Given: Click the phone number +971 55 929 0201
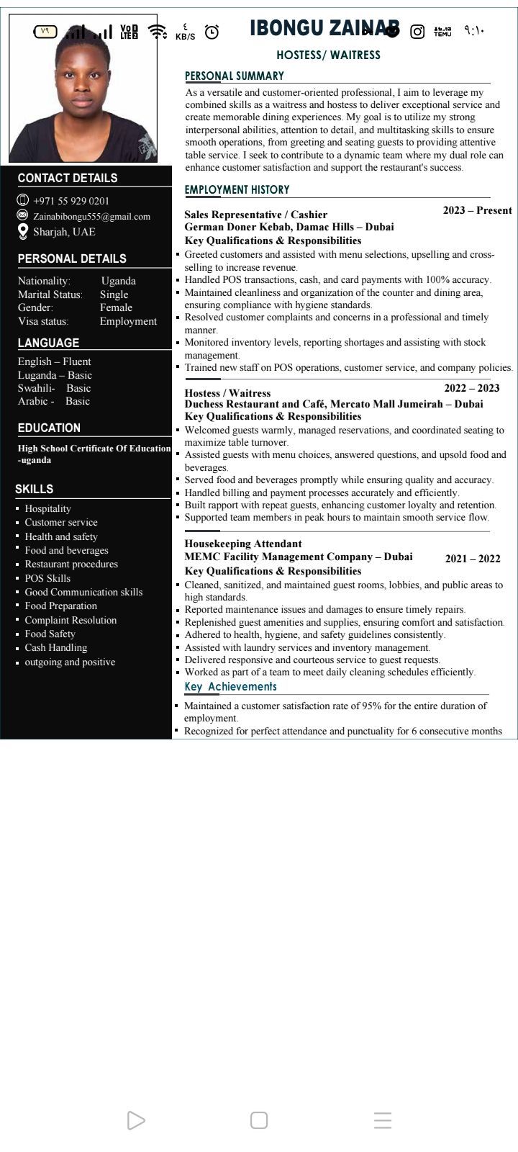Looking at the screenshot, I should pos(71,201).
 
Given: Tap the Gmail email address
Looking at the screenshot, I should pos(91,216).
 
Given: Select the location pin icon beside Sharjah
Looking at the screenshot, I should pos(23,231).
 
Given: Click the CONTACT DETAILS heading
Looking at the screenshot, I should pos(67,178).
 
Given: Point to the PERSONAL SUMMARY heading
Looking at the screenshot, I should pos(235,76).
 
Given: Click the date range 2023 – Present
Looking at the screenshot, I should pos(477,210).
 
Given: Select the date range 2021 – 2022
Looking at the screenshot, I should pos(473,559).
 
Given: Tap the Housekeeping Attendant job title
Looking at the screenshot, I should pos(243,544).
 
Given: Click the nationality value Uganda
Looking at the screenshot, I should pos(119,281).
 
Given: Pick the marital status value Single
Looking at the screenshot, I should pos(114,294).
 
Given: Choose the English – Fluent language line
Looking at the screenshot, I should pos(55,361).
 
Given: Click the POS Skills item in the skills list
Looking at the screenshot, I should pos(47,578).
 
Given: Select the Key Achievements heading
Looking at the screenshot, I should pos(230,687).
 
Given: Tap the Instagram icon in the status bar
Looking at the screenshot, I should pos(417,31).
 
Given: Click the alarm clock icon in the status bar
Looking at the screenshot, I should pos(212,32).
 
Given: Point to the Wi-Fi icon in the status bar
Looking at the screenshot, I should pos(157,32).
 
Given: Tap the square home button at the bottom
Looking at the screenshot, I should pos(259,1120).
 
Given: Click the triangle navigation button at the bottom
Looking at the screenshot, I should pos(135,1120).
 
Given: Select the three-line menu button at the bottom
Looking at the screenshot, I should pos(383,1120).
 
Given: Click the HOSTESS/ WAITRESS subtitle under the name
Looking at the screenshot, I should pos(328,55).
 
